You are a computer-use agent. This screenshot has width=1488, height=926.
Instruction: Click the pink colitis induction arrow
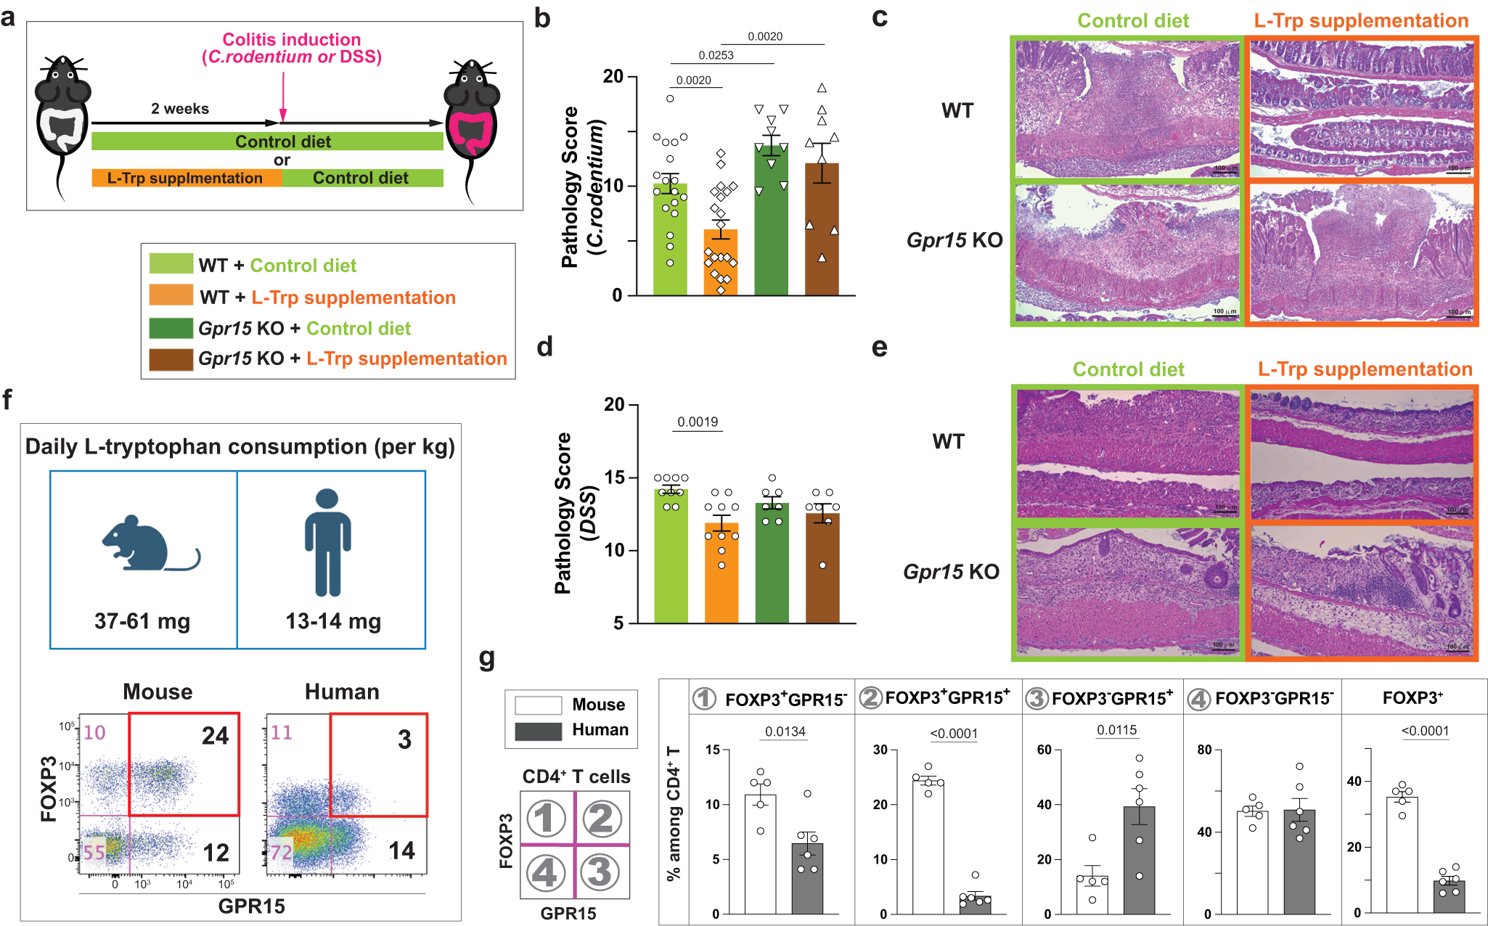coord(282,94)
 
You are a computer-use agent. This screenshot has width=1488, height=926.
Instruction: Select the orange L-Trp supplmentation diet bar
coord(186,178)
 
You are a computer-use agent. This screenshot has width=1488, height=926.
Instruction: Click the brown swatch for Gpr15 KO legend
coord(171,359)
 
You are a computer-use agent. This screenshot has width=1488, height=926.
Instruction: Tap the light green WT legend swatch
coord(171,263)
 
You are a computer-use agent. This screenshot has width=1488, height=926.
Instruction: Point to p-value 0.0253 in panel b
coord(716,55)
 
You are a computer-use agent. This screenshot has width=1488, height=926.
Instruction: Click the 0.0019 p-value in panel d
coord(698,422)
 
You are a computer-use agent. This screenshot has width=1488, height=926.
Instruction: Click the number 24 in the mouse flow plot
coord(215,736)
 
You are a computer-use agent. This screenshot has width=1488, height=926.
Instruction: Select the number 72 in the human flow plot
coord(281,852)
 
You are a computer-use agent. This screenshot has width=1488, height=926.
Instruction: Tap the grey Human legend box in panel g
coord(538,731)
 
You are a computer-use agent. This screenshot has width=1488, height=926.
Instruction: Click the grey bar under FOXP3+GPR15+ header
coord(975,904)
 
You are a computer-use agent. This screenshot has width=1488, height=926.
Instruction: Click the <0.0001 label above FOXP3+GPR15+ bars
coord(954,734)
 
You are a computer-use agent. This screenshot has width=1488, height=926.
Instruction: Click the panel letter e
coord(879,347)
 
